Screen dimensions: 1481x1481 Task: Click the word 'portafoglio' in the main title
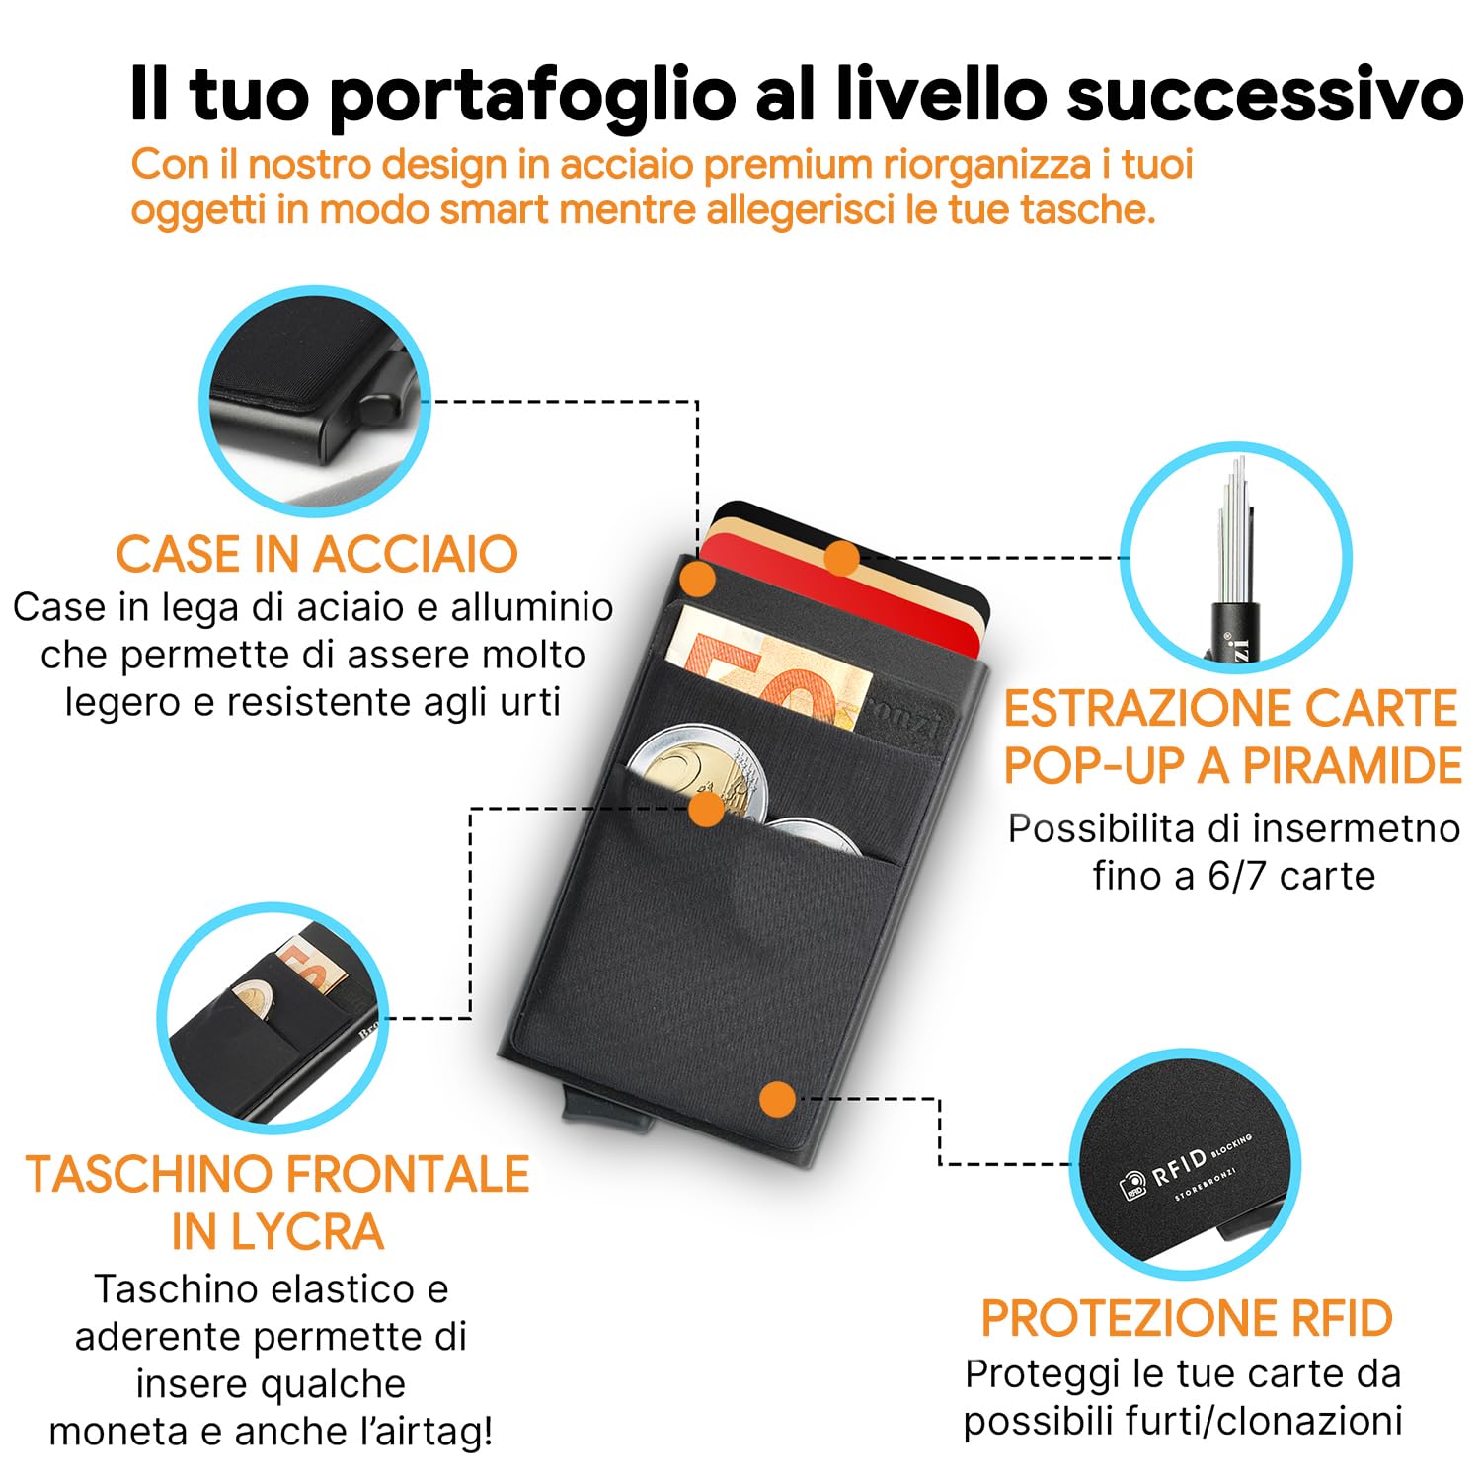(x=532, y=96)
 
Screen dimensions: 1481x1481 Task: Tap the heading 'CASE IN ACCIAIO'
(x=317, y=554)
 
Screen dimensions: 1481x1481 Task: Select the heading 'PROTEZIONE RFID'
(x=1186, y=1318)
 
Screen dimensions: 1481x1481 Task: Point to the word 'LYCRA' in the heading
(x=277, y=1231)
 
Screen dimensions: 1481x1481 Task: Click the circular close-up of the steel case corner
(x=315, y=401)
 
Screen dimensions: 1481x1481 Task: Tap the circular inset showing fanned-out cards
(x=1235, y=558)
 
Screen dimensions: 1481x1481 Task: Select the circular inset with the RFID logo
(x=1185, y=1164)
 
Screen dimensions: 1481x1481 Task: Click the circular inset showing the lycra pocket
(x=273, y=1018)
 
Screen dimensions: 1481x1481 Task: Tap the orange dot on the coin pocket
(x=706, y=810)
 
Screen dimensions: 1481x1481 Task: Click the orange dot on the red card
(x=841, y=559)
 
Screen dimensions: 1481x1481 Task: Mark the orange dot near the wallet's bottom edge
(x=778, y=1099)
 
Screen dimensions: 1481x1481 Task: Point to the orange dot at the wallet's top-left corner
(x=698, y=580)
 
